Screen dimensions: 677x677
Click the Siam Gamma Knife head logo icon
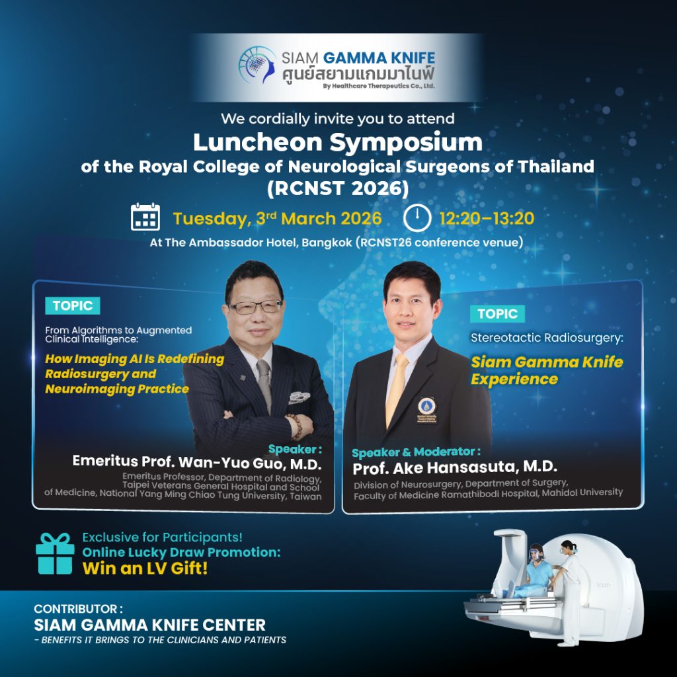257,65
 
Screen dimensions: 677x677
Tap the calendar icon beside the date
145,217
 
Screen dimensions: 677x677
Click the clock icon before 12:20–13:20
417,218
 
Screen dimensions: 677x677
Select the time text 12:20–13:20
487,218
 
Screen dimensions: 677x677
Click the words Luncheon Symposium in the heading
338,143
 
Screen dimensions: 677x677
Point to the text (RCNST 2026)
338,188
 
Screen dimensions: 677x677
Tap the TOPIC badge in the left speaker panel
73,305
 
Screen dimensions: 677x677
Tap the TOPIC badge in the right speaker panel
497,313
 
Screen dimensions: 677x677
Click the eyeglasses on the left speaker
256,307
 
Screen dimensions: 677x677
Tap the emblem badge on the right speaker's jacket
426,409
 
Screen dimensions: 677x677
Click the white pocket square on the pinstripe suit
299,397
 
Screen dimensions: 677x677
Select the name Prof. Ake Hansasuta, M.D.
455,467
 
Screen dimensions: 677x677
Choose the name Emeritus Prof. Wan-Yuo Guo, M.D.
197,462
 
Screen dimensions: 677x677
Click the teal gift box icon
55,553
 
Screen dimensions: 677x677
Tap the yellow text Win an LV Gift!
145,568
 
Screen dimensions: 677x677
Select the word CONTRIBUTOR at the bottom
75,609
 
